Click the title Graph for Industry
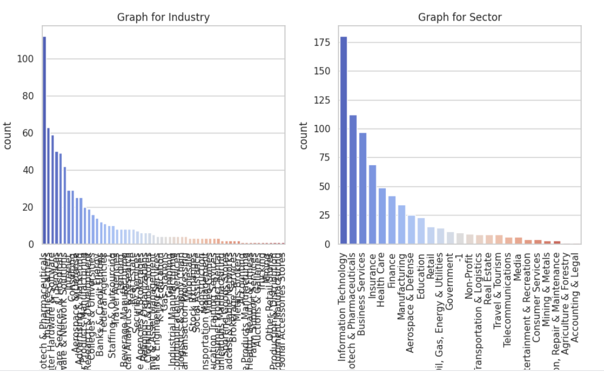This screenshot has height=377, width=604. tap(163, 17)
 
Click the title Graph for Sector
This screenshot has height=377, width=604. tap(460, 17)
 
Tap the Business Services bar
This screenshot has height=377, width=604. tap(363, 188)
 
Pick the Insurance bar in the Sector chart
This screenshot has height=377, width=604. tap(372, 205)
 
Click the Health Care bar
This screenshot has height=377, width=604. tap(382, 216)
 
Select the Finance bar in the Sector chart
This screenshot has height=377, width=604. tap(392, 220)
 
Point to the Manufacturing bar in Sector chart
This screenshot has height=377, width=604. tap(402, 225)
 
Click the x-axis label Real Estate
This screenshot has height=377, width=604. tap(489, 279)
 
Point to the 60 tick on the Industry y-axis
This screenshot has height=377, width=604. tap(27, 133)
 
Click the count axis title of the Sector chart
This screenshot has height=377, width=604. tap(303, 136)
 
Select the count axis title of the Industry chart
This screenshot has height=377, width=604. tap(8, 136)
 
